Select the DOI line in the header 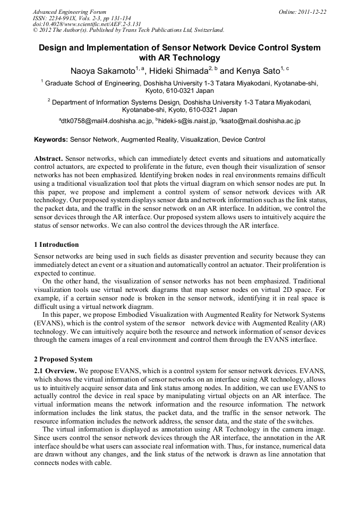click(87, 24)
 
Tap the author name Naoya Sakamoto click(102, 70)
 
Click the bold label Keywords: click(51, 140)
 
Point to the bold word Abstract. click(48, 159)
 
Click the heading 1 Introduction click(56, 245)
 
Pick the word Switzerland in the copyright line click(205, 30)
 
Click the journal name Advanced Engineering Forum click(70, 12)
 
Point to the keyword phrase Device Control click(243, 140)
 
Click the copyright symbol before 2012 click(36, 30)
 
